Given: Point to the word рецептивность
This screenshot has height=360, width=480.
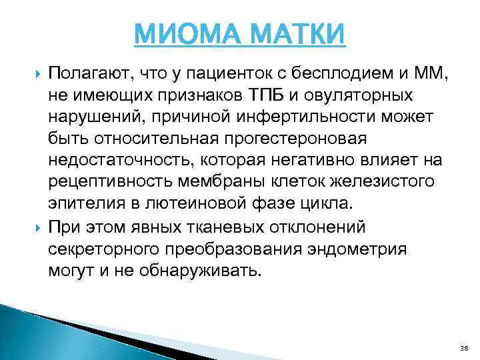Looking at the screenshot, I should coord(108,182).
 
